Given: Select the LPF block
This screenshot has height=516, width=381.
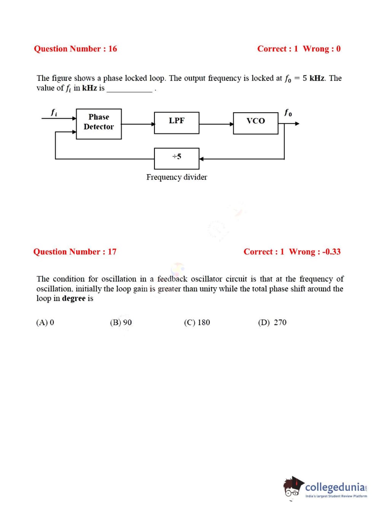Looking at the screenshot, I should [177, 123].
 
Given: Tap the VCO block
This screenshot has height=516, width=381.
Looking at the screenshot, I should [255, 123].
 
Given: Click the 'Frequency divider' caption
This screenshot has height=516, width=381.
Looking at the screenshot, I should [177, 177].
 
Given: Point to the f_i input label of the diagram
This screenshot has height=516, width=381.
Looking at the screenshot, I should [54, 113].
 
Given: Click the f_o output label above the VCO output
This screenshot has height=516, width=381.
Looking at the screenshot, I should [288, 113].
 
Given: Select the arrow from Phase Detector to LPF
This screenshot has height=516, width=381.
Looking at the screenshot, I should [138, 124].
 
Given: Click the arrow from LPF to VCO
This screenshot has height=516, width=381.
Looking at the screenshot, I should [216, 124].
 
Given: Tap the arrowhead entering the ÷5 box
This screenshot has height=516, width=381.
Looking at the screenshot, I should [202, 159].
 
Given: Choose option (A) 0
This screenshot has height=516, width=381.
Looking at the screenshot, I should [45, 323].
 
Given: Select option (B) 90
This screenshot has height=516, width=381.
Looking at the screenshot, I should [121, 323].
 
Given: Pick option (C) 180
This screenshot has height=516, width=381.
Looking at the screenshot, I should [197, 323].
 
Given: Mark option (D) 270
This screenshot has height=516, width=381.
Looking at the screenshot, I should [272, 323].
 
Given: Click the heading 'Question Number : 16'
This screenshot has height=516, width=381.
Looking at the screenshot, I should [75, 49].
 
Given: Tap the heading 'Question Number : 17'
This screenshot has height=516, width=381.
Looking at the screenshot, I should [75, 252].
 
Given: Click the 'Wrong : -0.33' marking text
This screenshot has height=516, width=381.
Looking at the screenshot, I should [315, 252].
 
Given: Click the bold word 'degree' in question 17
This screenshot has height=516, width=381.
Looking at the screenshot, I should [73, 299].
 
